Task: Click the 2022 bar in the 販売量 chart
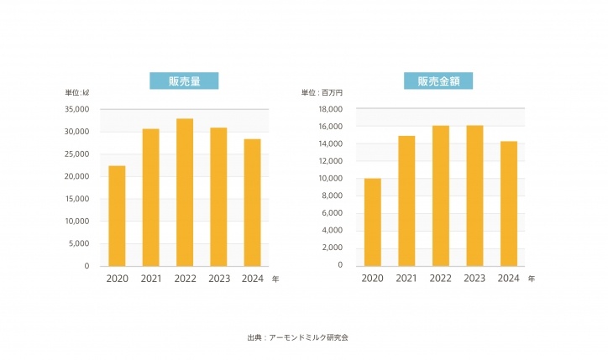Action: coord(185,192)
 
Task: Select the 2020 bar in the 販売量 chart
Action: coord(117,216)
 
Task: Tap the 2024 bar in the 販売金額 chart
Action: coord(509,204)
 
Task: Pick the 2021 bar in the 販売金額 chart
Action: coord(406,201)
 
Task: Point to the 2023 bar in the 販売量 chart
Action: coord(218,197)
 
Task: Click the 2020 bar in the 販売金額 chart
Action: coord(373,222)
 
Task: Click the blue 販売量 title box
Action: coord(184,81)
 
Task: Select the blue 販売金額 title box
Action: coord(438,81)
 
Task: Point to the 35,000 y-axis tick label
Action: coord(76,109)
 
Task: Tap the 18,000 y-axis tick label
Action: coord(331,109)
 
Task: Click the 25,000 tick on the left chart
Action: coord(76,154)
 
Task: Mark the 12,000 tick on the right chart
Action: coord(331,161)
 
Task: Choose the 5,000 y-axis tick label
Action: coord(79,243)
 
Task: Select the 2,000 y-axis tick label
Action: coord(333,248)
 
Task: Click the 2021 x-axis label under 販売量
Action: coord(151,279)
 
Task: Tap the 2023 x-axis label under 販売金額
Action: coord(474,279)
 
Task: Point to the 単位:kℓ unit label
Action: coord(76,92)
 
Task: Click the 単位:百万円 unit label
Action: coord(322,92)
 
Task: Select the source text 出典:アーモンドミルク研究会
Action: coord(298,337)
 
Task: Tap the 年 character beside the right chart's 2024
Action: coord(532,279)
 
